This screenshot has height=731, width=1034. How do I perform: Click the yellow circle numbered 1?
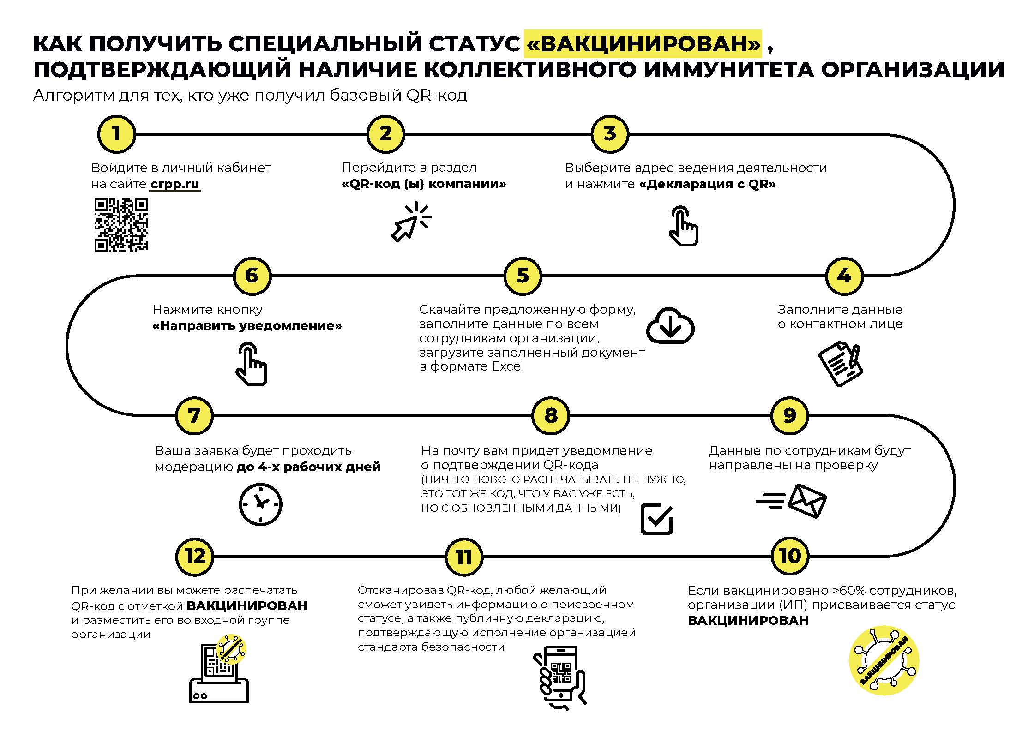[x=116, y=134]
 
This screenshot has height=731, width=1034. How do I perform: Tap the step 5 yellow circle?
[x=523, y=276]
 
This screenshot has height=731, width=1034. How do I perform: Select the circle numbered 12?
[x=195, y=556]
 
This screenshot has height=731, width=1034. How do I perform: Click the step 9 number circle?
[x=790, y=416]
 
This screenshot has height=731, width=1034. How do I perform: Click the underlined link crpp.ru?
[x=175, y=184]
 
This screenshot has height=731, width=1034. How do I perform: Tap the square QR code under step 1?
[x=121, y=225]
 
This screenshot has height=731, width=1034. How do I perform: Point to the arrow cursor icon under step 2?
[x=411, y=222]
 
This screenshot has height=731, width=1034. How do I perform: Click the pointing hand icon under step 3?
[x=684, y=226]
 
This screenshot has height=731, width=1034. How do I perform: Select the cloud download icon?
[x=670, y=325]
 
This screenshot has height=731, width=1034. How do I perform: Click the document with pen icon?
[x=841, y=364]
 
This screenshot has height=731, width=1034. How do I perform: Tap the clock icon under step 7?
[x=261, y=504]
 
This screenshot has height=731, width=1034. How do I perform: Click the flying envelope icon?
[x=791, y=501]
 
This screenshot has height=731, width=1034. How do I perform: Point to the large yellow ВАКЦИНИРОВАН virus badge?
[x=884, y=660]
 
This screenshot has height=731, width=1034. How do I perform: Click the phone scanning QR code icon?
[x=560, y=678]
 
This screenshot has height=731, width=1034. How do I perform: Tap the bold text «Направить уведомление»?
[x=247, y=326]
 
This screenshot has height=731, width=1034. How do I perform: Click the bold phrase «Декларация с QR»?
[x=708, y=184]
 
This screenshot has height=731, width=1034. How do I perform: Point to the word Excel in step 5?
[x=508, y=366]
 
